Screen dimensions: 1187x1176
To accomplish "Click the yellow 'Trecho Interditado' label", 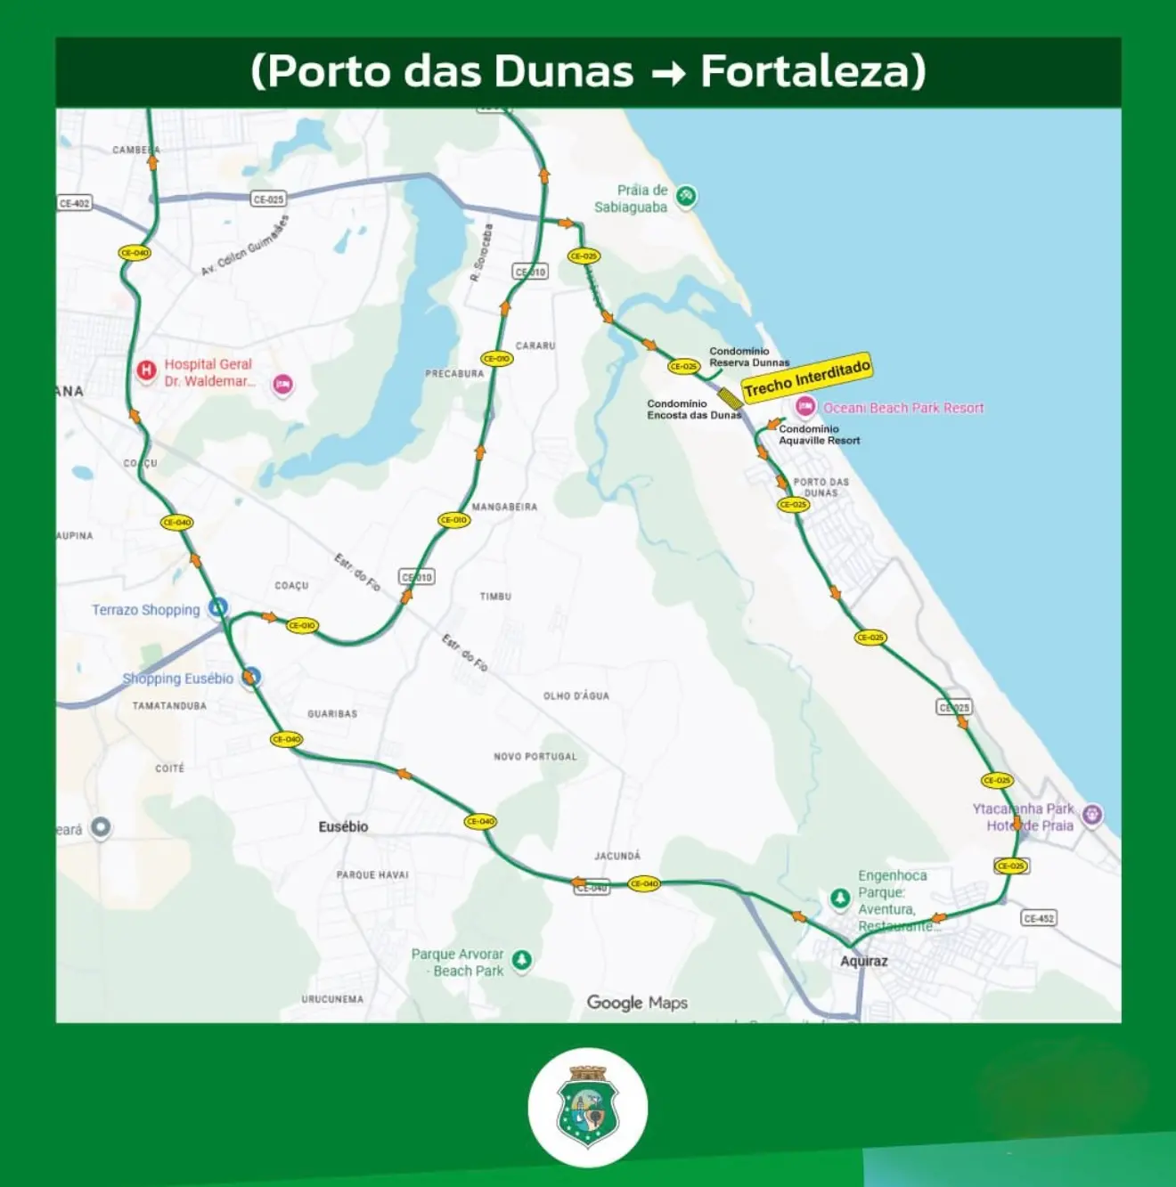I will tap(806, 378).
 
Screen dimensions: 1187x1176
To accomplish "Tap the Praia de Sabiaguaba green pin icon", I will tap(685, 196).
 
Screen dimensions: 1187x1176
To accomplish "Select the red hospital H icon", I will tap(146, 370).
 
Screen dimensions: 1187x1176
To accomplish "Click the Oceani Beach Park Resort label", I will tap(902, 408).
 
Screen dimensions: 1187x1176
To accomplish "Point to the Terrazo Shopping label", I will tap(145, 610).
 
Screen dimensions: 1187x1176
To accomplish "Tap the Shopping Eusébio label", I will tap(177, 679).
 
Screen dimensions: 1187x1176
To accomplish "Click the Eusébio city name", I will tap(343, 826).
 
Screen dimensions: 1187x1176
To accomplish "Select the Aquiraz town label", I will tap(863, 961).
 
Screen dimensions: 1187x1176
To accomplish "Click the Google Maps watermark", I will tap(637, 1003).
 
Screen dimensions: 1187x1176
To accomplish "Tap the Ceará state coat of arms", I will tap(587, 1107).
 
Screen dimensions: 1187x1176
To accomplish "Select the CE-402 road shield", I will tap(75, 203).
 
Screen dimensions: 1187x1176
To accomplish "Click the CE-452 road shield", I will tap(1039, 918).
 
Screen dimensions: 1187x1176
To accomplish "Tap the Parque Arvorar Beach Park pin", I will tap(522, 960).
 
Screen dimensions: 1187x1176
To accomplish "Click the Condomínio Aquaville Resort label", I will tap(819, 435).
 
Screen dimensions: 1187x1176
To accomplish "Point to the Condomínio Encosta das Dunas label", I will tap(693, 410).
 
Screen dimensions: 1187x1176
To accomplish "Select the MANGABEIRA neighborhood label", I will tap(504, 507).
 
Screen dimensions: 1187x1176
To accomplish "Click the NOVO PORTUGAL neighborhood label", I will tap(535, 757).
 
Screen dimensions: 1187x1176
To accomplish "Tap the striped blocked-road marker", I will tap(731, 397).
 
